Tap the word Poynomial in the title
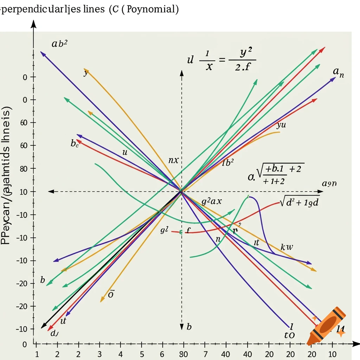tap(151, 9)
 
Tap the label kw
tap(287, 247)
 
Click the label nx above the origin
tap(173, 160)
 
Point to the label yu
tap(281, 125)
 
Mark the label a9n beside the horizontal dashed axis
tap(329, 184)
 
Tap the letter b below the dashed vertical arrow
tap(189, 327)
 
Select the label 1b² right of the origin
tap(228, 163)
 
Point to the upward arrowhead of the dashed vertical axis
tap(181, 72)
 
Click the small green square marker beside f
tap(181, 232)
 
